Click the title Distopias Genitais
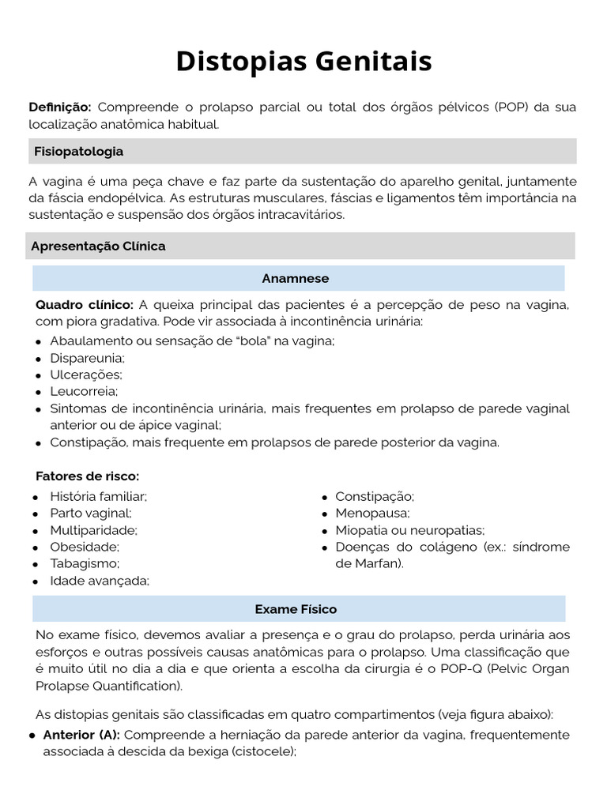coord(303,61)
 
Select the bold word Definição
coord(60,107)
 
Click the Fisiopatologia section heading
coord(78,151)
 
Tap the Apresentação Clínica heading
coord(98,246)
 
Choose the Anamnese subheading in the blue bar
coord(295,278)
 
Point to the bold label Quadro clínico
coord(85,304)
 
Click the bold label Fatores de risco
coord(87,476)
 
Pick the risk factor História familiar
coord(98,496)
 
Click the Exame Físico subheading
coord(296,609)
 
